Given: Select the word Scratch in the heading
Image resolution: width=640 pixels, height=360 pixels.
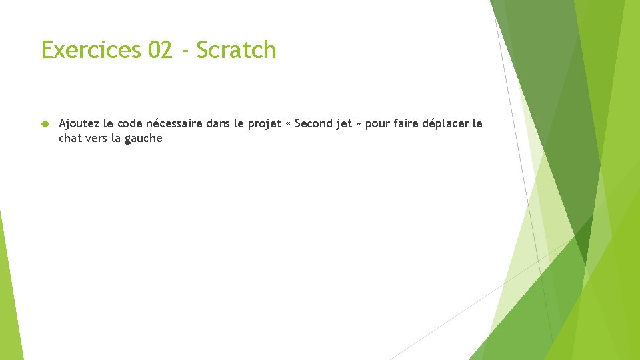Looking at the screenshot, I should pyautogui.click(x=236, y=50).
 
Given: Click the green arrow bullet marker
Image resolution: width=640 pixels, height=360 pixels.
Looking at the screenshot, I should pyautogui.click(x=45, y=124).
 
